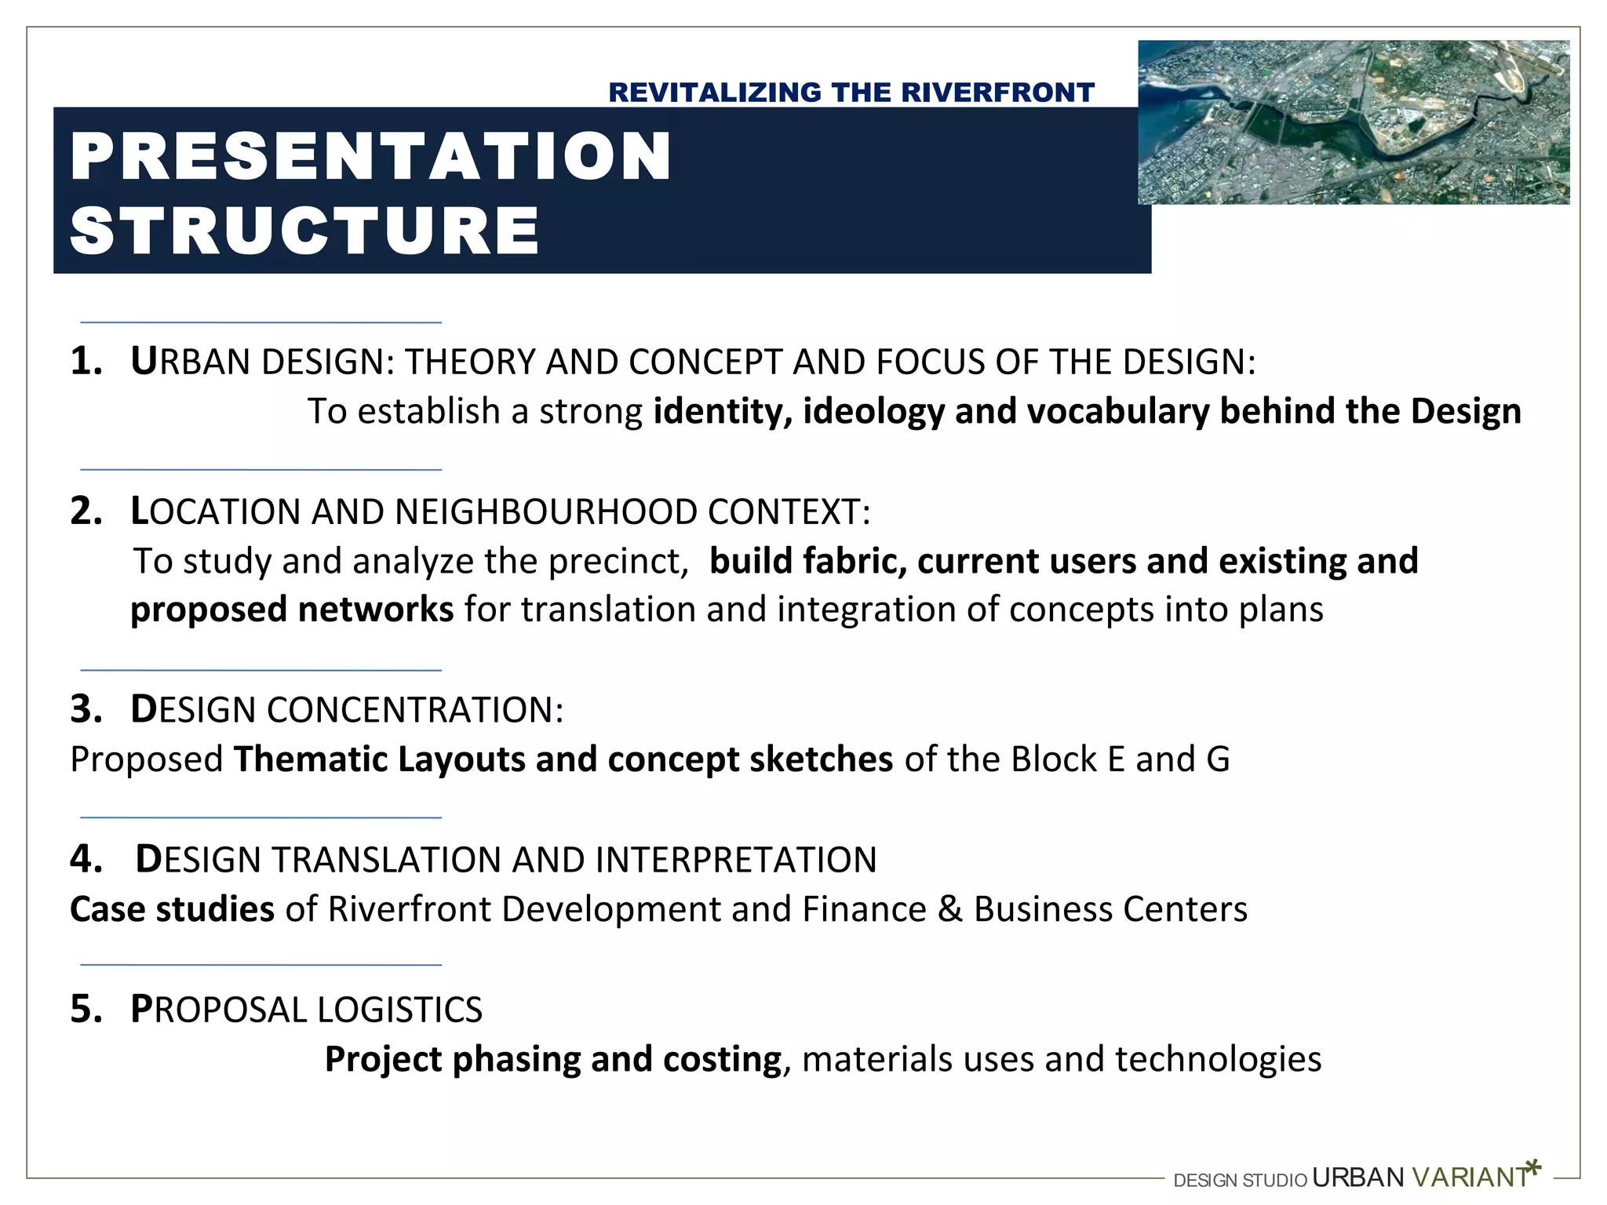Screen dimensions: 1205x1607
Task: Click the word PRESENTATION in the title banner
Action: pyautogui.click(x=370, y=157)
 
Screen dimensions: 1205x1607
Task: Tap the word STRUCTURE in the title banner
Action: pyautogui.click(x=304, y=231)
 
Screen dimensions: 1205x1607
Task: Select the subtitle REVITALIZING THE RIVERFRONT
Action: pyautogui.click(x=851, y=93)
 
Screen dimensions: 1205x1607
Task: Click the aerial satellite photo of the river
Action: pyautogui.click(x=1354, y=122)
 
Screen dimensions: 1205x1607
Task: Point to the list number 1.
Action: pyautogui.click(x=85, y=362)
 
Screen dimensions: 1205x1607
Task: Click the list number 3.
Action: pyautogui.click(x=86, y=709)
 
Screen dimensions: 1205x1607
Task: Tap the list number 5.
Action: pyautogui.click(x=86, y=1010)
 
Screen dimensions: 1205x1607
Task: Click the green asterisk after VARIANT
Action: pyautogui.click(x=1534, y=1168)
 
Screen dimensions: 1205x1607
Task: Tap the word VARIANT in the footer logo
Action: pyautogui.click(x=1469, y=1178)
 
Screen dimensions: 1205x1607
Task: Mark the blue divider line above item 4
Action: pyautogui.click(x=261, y=817)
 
